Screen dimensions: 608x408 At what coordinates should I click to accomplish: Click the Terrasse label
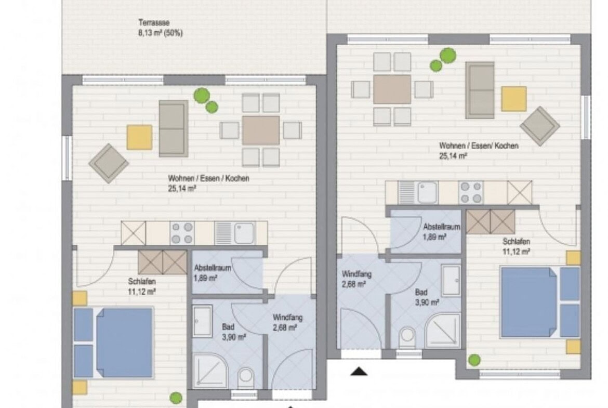pyautogui.click(x=154, y=23)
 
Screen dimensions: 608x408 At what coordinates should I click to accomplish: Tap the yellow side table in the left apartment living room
pyautogui.click(x=140, y=137)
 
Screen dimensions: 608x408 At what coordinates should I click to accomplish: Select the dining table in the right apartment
pyautogui.click(x=392, y=89)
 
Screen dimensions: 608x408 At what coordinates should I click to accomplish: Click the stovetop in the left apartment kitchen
pyautogui.click(x=182, y=233)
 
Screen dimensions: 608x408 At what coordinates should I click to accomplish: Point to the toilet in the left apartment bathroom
pyautogui.click(x=245, y=377)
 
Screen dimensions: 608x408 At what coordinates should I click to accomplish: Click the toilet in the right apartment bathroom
pyautogui.click(x=407, y=336)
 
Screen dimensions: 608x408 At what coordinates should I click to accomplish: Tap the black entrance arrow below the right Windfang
pyautogui.click(x=359, y=372)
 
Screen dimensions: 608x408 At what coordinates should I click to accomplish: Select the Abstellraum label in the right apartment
pyautogui.click(x=441, y=227)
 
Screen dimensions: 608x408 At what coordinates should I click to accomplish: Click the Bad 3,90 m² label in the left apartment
pyautogui.click(x=234, y=332)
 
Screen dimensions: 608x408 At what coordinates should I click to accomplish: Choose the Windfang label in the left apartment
pyautogui.click(x=287, y=318)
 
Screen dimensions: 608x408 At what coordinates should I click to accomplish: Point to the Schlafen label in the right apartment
pyautogui.click(x=516, y=242)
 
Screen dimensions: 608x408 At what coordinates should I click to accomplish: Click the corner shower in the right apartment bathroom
pyautogui.click(x=443, y=330)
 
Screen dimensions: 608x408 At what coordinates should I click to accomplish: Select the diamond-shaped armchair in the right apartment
pyautogui.click(x=540, y=126)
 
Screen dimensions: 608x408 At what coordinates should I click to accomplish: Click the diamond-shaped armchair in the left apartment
pyautogui.click(x=109, y=163)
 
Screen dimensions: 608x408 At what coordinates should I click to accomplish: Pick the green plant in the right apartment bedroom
pyautogui.click(x=474, y=360)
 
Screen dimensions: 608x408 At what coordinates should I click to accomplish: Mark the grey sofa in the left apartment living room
pyautogui.click(x=174, y=129)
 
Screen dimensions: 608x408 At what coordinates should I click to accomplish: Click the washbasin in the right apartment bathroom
pyautogui.click(x=451, y=281)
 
